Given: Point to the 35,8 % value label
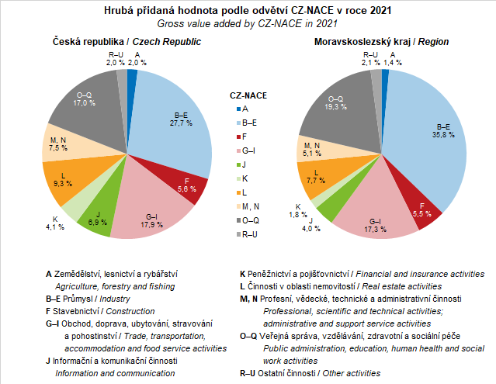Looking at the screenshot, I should [443, 130].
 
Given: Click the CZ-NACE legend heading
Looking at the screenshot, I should [248, 95].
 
